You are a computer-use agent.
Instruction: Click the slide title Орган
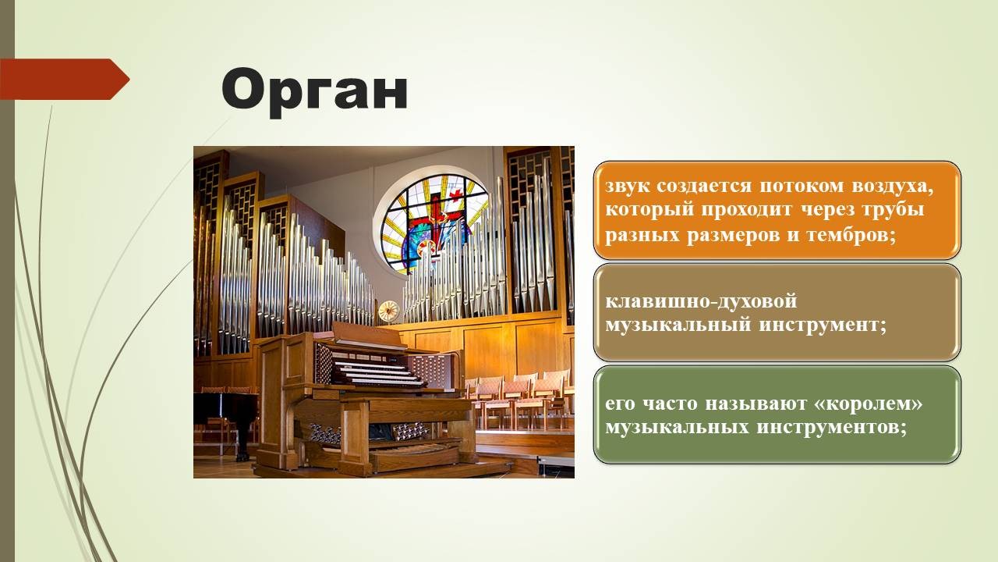[x=314, y=91]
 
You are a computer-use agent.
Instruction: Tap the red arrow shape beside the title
[x=65, y=79]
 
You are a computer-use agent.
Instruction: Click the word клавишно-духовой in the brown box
[x=701, y=301]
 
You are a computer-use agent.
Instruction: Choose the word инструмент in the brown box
[x=823, y=325]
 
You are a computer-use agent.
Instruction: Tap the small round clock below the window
[x=388, y=311]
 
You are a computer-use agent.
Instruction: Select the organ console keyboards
[x=379, y=372]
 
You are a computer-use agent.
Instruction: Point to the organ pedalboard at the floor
[x=414, y=450]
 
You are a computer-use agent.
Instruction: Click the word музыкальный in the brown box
[x=678, y=325]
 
